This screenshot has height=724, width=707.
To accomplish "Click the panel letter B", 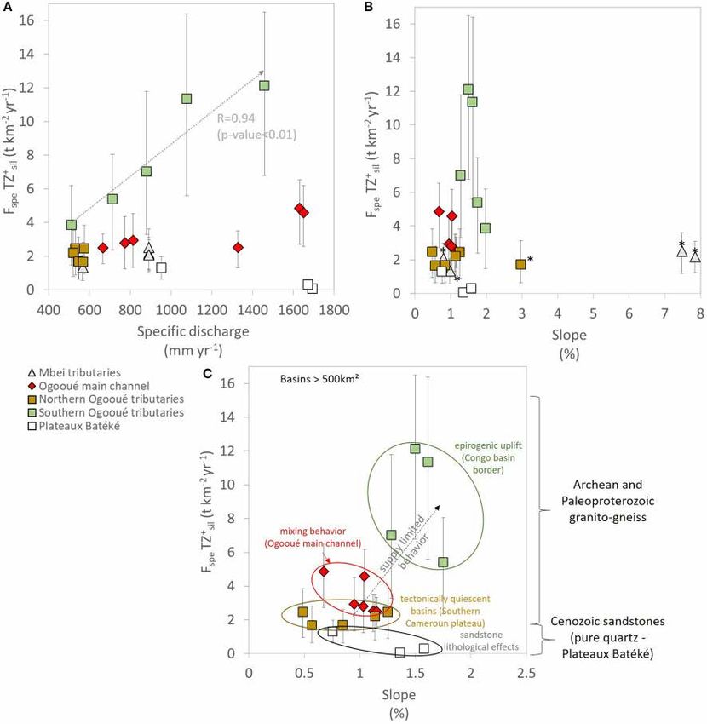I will [369, 8].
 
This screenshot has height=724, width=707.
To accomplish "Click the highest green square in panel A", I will [264, 85].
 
